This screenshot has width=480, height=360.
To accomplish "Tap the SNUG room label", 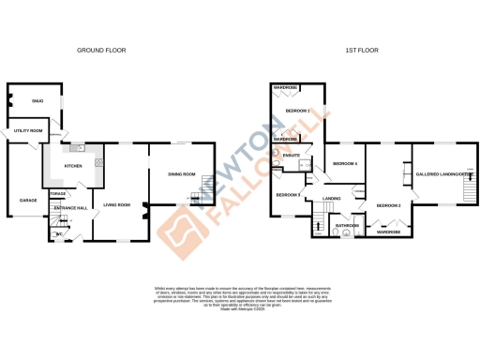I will [37, 99].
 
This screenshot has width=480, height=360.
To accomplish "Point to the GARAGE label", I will [23, 200].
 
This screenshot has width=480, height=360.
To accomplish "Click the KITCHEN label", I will [73, 166].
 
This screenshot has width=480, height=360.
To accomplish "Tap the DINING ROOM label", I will [181, 173].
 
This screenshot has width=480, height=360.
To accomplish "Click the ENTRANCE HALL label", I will [70, 207].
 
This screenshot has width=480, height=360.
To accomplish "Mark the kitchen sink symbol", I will [82, 148].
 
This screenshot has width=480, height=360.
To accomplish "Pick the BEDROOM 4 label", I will [345, 164].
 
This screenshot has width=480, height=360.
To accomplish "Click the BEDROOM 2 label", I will [388, 204].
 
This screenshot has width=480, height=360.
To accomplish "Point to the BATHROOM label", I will [349, 225].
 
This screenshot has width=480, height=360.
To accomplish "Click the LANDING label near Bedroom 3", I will [331, 199].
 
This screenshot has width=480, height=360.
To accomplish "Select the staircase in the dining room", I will [195, 196].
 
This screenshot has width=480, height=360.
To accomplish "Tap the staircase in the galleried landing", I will [466, 191].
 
